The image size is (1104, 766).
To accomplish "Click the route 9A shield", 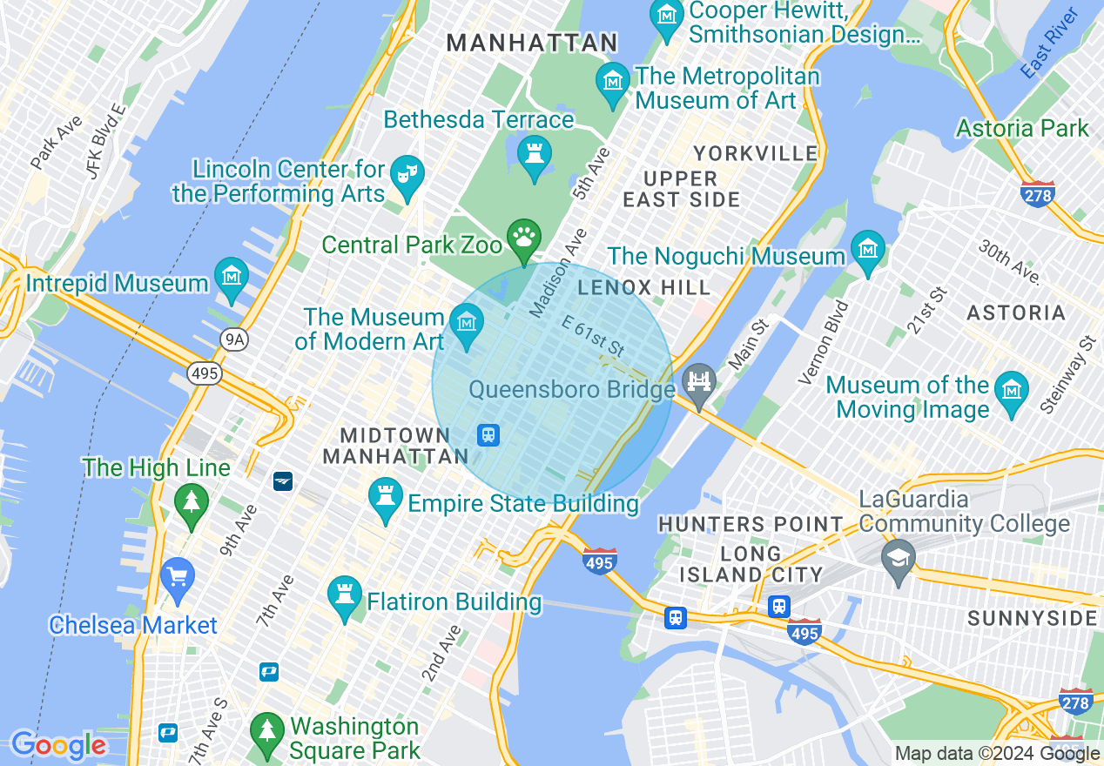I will (x=232, y=340).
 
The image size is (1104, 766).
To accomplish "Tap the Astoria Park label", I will (x=1022, y=129).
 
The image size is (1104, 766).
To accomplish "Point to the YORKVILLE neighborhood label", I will (x=756, y=154).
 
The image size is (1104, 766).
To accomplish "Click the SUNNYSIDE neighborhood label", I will (x=1033, y=618).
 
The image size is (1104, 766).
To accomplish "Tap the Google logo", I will (x=57, y=745).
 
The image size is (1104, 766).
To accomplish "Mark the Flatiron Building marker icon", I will (x=344, y=596).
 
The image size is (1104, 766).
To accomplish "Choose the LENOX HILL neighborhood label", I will (x=643, y=287).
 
